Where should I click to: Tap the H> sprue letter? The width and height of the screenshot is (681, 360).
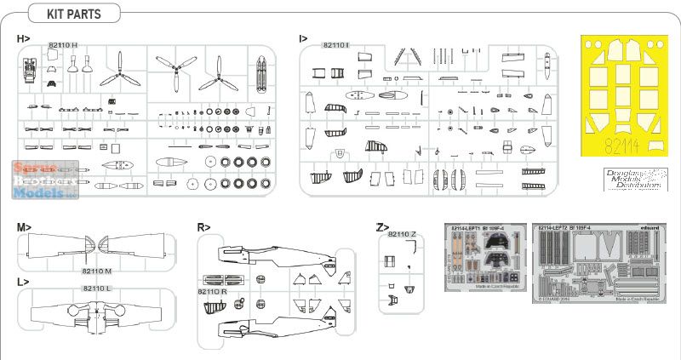click(22, 40)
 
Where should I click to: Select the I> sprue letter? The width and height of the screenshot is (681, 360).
click(303, 40)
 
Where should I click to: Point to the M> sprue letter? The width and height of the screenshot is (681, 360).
click(23, 227)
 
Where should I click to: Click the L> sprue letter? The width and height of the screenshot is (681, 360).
click(22, 281)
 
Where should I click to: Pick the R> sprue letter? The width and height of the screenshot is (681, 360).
click(203, 227)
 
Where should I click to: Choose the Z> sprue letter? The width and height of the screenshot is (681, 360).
click(382, 227)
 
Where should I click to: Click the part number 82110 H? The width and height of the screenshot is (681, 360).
click(64, 45)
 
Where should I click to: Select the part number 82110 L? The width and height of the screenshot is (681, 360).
click(97, 289)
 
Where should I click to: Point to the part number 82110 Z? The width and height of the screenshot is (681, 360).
click(401, 234)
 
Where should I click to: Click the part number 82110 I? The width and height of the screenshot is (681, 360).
click(337, 44)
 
